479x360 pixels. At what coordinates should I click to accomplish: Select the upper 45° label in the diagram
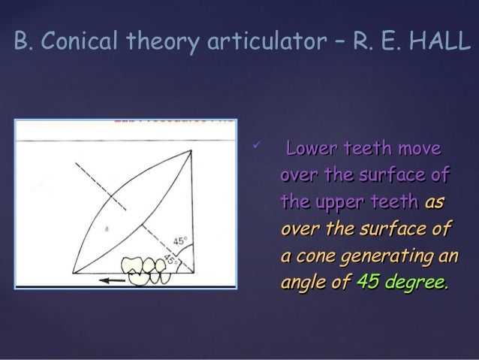tap(180, 241)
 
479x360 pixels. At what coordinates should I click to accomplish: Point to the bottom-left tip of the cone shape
tap(74, 273)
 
